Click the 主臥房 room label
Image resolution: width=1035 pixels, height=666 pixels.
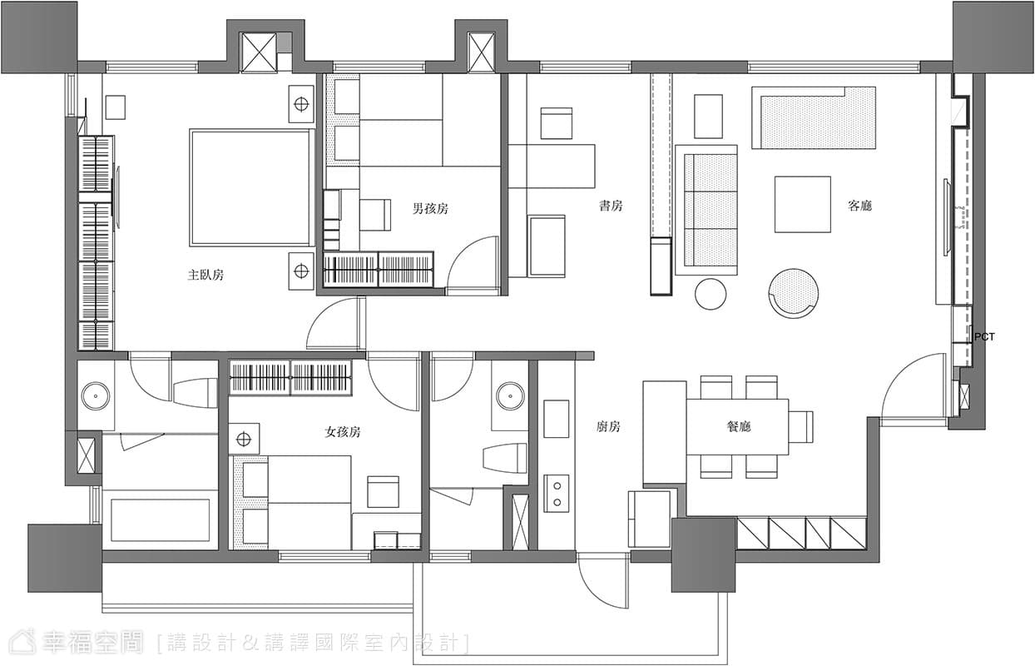(x=206, y=276)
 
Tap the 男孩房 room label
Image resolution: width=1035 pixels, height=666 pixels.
(x=430, y=209)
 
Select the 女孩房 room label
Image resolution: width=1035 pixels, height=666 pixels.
(x=343, y=432)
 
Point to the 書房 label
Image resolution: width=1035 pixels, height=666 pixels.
(x=611, y=206)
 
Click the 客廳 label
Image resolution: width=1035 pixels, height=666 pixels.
(x=860, y=206)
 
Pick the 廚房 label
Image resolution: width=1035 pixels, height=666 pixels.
(x=608, y=426)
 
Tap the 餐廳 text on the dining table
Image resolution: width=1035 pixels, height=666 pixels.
(x=739, y=426)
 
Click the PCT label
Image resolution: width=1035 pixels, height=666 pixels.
(x=984, y=337)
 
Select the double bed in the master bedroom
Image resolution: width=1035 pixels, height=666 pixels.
(x=251, y=187)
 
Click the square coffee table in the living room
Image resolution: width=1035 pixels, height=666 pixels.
(x=803, y=204)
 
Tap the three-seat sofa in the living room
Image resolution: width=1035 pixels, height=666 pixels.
(x=706, y=211)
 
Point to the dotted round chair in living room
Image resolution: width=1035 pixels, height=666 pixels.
(x=794, y=294)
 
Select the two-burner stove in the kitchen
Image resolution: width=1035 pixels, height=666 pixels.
(x=557, y=493)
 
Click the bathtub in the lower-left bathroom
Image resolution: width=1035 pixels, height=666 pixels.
(x=161, y=519)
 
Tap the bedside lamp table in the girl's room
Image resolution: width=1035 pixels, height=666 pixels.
(x=244, y=439)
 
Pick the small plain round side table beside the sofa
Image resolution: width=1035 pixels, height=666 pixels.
(x=711, y=294)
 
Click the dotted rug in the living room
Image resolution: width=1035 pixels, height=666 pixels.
(x=814, y=117)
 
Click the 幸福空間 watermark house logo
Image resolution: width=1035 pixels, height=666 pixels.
(x=22, y=642)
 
